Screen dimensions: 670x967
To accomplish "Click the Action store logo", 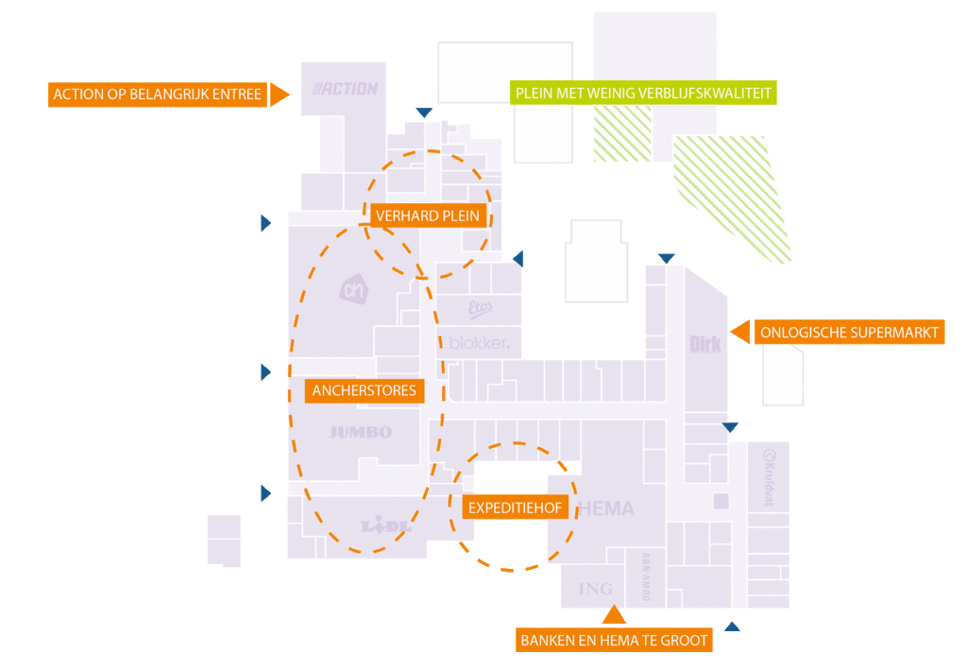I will [346, 89].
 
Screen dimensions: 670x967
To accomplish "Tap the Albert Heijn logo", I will [352, 289].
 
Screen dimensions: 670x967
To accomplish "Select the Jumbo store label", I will [360, 433].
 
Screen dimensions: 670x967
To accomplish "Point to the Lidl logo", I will [386, 526].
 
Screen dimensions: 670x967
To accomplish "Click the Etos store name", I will [481, 308].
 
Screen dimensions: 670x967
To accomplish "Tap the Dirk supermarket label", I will [704, 344].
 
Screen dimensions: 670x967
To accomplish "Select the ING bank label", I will [595, 589].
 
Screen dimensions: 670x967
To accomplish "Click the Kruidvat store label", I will [768, 477].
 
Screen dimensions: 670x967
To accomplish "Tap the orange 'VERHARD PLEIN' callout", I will [428, 216].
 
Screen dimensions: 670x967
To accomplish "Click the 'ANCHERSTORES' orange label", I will [364, 390].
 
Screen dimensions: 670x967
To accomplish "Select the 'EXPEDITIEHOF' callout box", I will [515, 508].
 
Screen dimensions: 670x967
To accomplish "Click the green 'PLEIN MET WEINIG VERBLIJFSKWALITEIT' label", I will [643, 93].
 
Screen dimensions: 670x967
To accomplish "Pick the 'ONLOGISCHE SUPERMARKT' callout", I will [849, 333].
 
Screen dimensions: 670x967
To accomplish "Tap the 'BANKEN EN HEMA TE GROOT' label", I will [614, 641].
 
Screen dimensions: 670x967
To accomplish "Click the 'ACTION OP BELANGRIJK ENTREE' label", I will [157, 94].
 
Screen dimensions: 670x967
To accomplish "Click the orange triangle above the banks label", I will [614, 615].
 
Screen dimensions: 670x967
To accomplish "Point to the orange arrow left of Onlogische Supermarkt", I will [741, 332].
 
